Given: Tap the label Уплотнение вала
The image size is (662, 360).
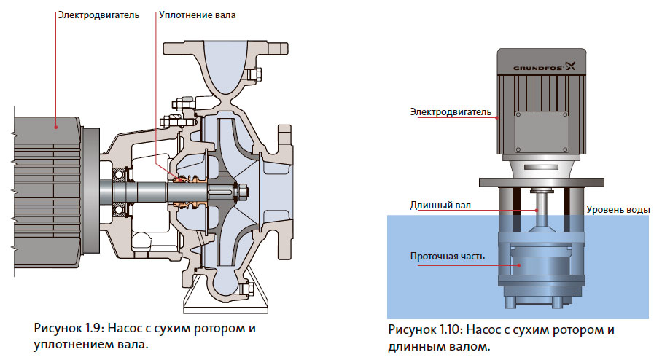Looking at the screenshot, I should (x=197, y=14).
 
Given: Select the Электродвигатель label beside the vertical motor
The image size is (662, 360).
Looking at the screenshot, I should (x=451, y=111).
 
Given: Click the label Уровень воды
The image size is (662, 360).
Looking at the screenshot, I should (x=618, y=210).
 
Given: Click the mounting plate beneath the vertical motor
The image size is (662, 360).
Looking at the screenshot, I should (x=539, y=181).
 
